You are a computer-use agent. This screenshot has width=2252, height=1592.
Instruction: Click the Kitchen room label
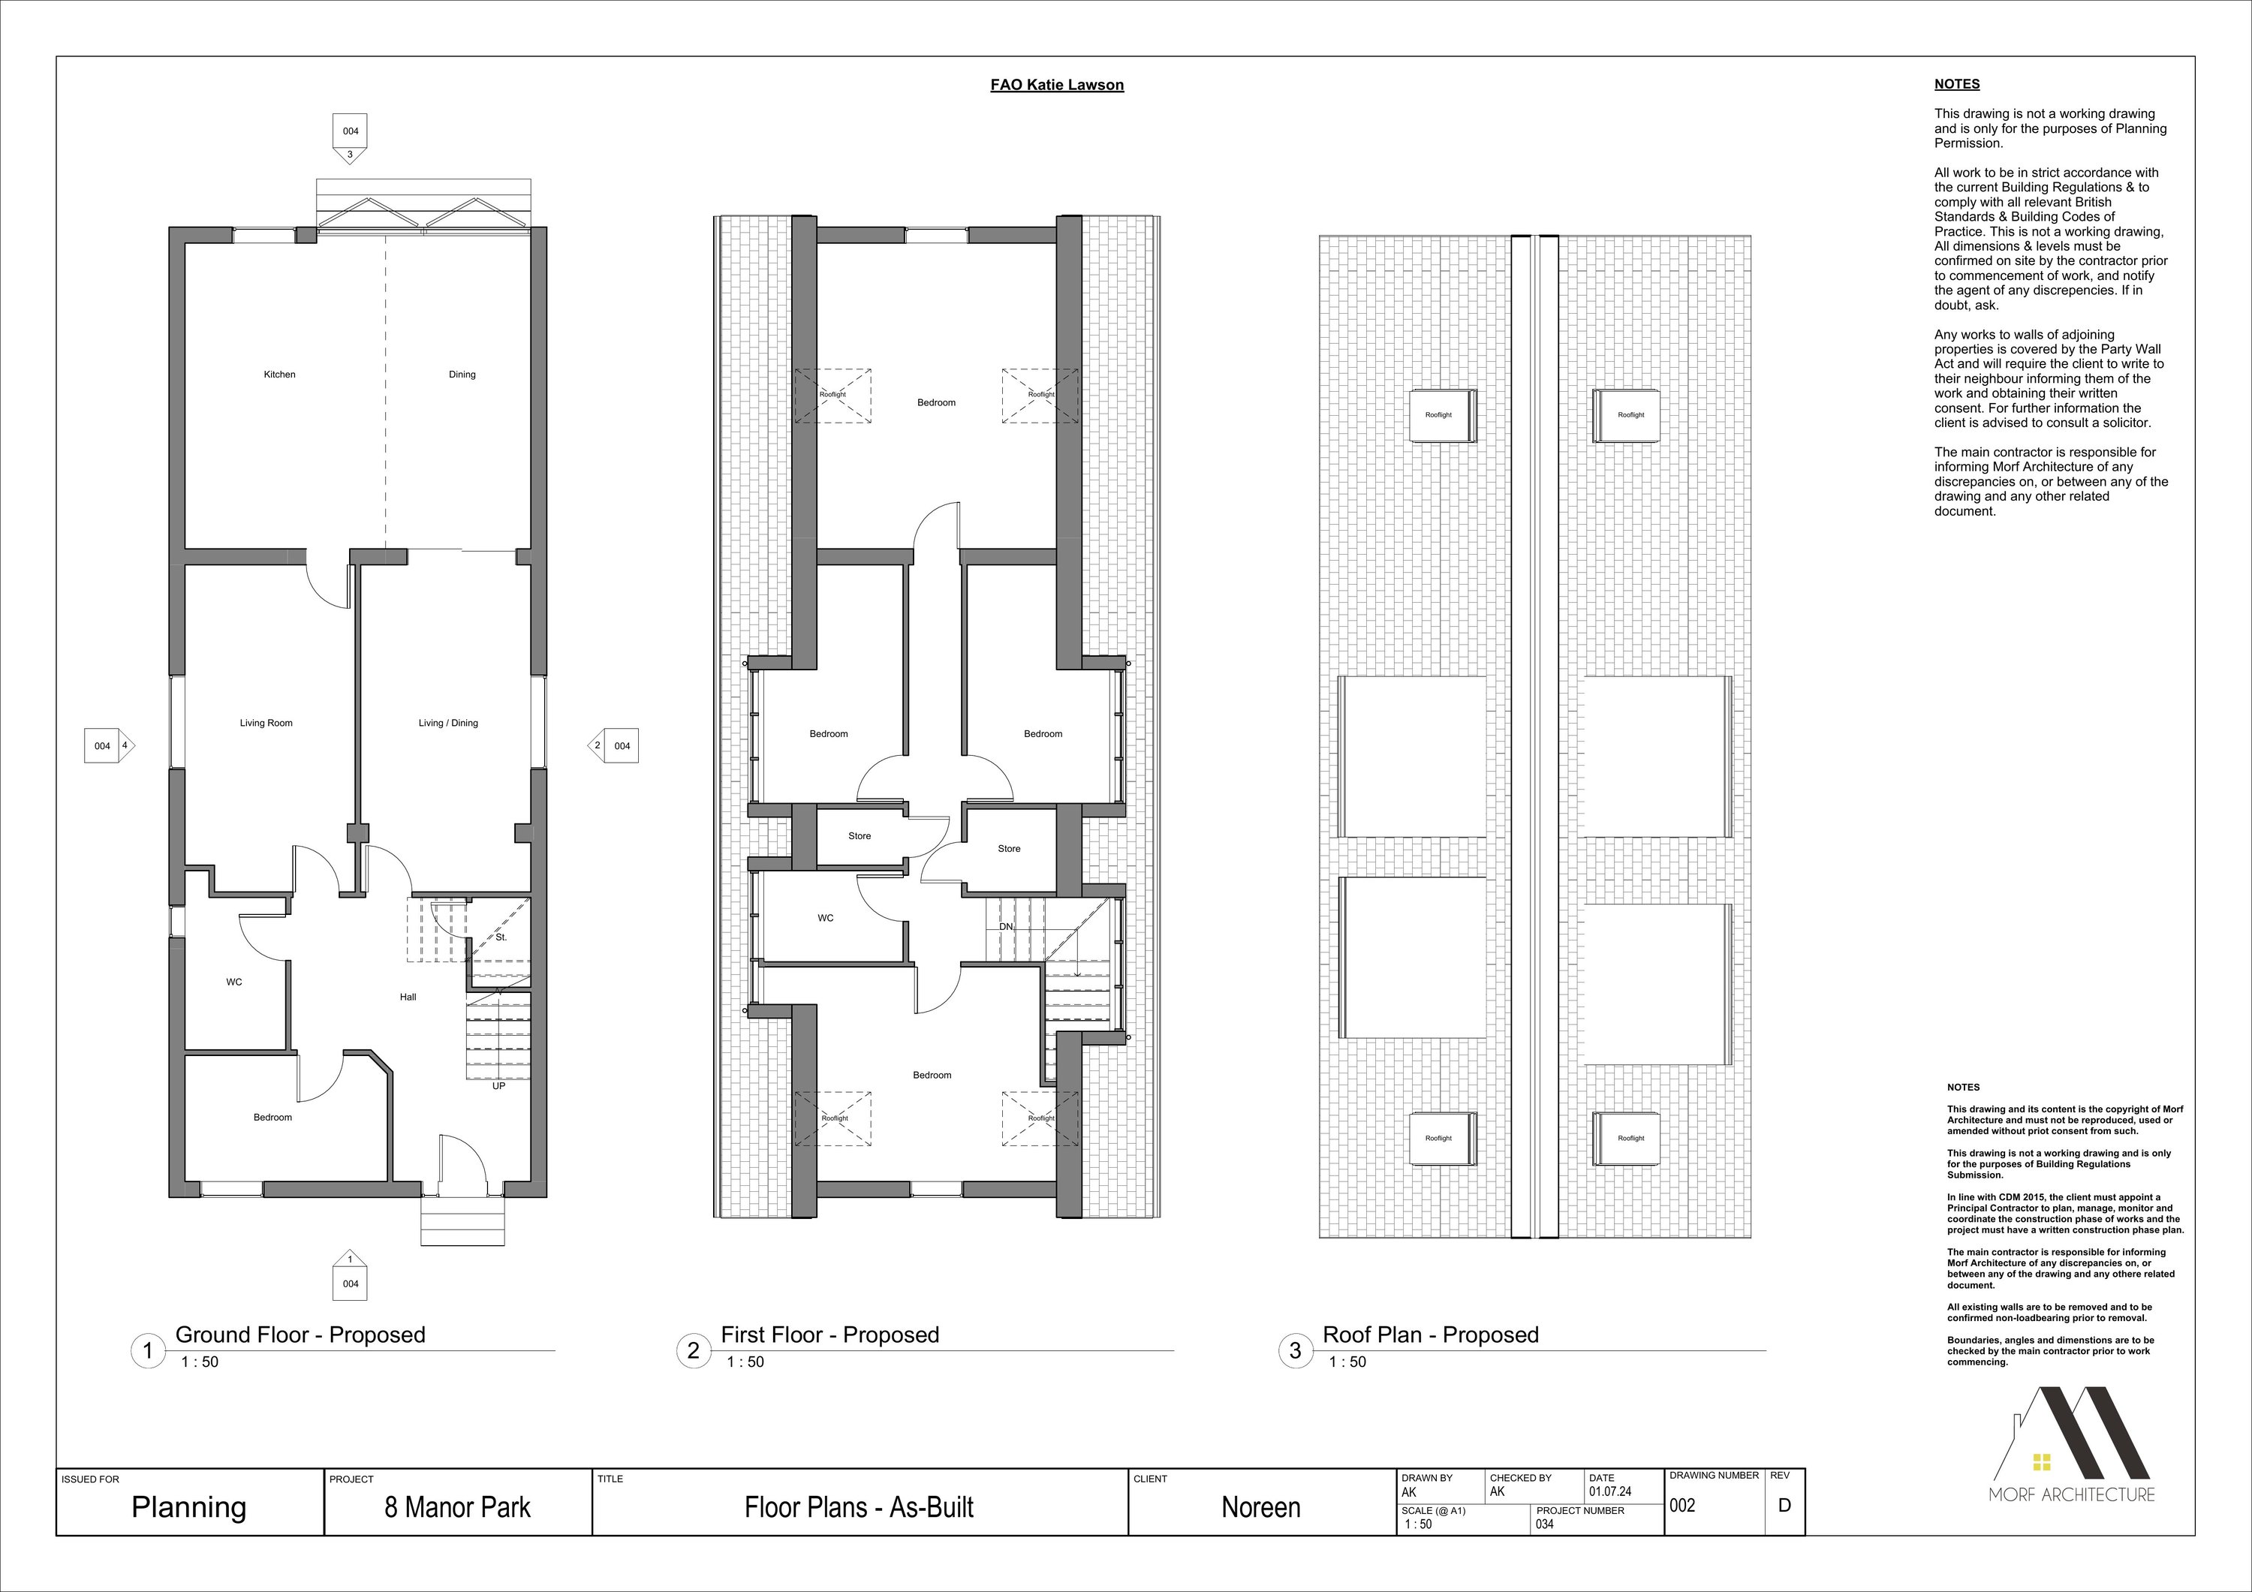[279, 375]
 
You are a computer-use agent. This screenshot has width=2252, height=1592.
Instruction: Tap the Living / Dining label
[448, 723]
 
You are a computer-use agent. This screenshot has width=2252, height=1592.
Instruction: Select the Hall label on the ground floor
[408, 997]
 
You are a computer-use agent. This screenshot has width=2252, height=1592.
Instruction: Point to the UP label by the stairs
[498, 1086]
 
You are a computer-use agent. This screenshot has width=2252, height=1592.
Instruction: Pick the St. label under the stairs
[501, 937]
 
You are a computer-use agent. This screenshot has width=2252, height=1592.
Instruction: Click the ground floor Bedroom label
[272, 1117]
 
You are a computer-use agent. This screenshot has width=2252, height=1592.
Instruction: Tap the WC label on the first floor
[826, 918]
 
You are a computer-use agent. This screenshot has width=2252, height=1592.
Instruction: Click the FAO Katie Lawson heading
[1058, 86]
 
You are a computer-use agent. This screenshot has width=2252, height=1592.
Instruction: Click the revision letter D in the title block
[1784, 1505]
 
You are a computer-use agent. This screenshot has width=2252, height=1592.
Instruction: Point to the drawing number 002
[1682, 1506]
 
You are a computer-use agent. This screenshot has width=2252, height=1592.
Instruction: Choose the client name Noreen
[1261, 1508]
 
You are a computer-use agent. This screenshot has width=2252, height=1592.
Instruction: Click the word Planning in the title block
[188, 1508]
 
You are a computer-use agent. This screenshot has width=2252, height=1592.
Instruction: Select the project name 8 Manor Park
[457, 1508]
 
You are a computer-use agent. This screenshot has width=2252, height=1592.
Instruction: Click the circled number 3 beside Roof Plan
[1295, 1351]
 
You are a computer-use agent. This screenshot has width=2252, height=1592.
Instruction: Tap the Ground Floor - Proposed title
[300, 1335]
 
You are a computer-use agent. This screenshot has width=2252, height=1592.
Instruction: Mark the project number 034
[1545, 1524]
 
